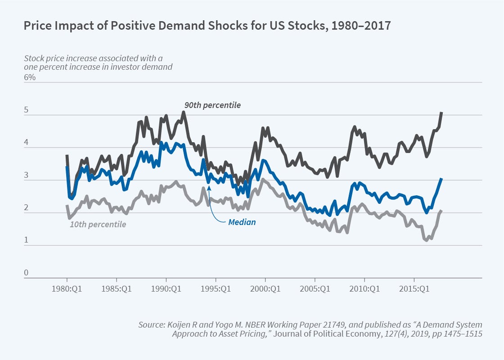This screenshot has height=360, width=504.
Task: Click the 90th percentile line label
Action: pos(212,105)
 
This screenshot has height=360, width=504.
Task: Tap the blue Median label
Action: pos(242,222)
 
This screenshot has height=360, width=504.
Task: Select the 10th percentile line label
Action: pos(98,224)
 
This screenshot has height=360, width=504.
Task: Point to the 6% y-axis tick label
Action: pos(30,77)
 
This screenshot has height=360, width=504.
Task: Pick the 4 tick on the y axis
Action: pos(26,143)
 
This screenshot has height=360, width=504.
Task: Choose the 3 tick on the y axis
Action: pos(26,175)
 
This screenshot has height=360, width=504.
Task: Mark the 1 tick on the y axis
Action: pos(26,241)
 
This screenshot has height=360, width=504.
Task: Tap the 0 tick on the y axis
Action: pos(26,273)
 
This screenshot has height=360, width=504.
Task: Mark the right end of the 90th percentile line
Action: pos(441,112)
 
